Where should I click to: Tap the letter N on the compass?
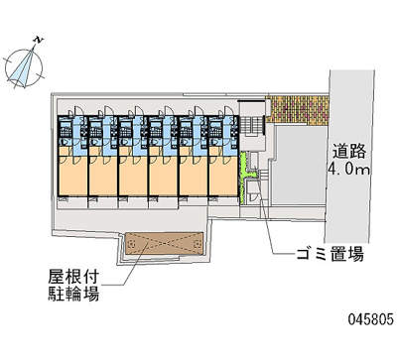pos(37,41)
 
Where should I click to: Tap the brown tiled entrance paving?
pos(299,109)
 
